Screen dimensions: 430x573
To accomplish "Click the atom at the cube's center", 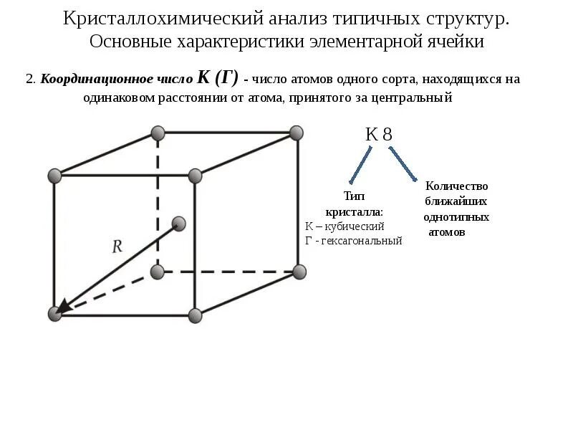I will pos(179,224).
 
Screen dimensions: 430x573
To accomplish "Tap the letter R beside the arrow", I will pos(117,247).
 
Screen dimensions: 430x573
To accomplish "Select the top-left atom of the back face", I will pos(158,133).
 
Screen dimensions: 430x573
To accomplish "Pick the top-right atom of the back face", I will pos(297,132).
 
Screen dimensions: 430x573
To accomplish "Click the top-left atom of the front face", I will pos(54,176).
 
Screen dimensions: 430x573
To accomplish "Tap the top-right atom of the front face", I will pos(195,176).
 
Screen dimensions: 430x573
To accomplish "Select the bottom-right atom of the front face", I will pos(195,314).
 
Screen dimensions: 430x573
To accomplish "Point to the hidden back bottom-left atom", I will pos(158,272).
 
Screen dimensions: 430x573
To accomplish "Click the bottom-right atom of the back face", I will pos(299,272).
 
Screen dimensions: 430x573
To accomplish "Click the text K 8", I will pos(378,134).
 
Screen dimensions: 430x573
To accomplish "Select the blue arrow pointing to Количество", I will pos(403,164).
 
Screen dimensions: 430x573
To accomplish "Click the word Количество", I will pos(456,186).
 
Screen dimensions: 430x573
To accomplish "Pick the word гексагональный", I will pos(362,241).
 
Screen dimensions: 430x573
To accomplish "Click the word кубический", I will pos(355,226).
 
